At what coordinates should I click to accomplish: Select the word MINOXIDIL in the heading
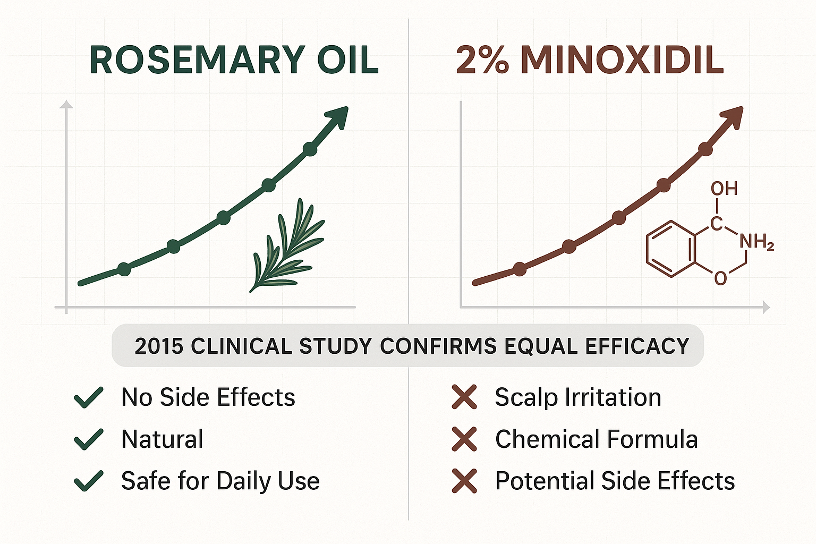click(x=622, y=60)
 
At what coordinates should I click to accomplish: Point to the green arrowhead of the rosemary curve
click(x=338, y=116)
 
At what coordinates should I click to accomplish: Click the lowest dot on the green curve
click(x=124, y=269)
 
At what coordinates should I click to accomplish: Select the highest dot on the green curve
click(x=310, y=149)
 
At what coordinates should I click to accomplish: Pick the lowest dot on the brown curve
click(x=520, y=269)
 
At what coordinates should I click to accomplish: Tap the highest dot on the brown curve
click(x=705, y=149)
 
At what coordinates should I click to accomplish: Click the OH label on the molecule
click(x=724, y=189)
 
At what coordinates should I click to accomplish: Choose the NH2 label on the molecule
click(x=757, y=243)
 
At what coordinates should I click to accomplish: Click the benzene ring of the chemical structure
click(x=670, y=249)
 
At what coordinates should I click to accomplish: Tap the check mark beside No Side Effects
click(x=89, y=397)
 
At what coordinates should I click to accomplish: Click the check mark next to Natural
click(x=89, y=439)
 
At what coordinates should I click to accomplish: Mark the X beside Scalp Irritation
click(x=464, y=397)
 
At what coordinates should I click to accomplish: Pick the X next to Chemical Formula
click(x=464, y=439)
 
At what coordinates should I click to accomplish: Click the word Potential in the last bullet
click(x=543, y=481)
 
